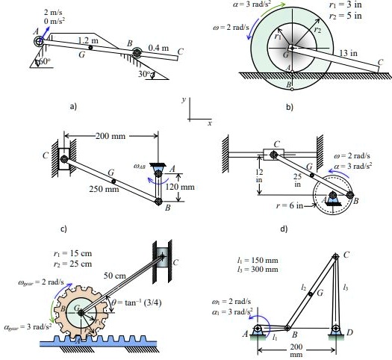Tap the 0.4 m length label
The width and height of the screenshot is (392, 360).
point(158,48)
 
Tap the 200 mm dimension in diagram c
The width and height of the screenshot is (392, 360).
point(111,137)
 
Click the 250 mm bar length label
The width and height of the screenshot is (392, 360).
point(104,190)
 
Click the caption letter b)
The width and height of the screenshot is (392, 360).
point(290,108)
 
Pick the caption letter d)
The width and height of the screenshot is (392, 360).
point(283,229)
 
